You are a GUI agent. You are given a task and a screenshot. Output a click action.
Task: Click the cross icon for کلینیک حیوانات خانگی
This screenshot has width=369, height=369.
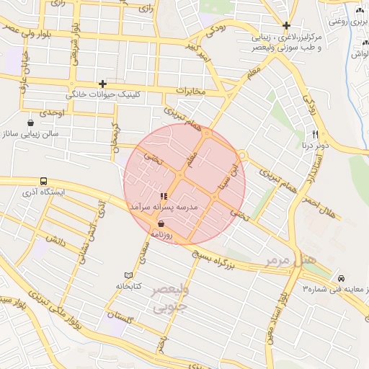[x=103, y=84]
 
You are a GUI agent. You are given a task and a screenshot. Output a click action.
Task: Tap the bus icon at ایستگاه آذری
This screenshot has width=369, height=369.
[x=44, y=182]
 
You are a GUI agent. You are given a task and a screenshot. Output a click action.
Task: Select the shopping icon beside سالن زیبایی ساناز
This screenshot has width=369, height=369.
[x=30, y=123]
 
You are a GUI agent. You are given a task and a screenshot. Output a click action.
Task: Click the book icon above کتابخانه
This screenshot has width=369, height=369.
[x=129, y=275]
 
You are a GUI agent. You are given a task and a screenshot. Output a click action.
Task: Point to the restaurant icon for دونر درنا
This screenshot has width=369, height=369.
[x=315, y=134]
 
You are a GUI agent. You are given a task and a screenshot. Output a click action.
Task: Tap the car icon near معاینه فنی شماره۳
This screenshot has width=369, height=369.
[x=340, y=278]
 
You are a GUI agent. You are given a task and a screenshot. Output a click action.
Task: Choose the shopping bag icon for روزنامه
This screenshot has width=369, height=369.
[x=160, y=224]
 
